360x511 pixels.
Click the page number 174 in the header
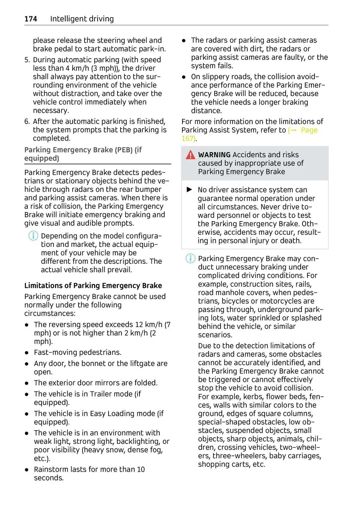coord(31,19)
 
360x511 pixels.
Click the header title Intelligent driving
coord(82,19)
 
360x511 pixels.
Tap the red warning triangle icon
coord(190,155)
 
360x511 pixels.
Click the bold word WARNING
coord(214,155)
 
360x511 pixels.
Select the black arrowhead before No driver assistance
coord(189,190)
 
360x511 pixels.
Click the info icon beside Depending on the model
coord(33,236)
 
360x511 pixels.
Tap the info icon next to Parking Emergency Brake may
coord(190,258)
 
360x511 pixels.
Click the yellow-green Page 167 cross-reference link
coord(303,131)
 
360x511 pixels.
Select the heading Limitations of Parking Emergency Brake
coord(93,285)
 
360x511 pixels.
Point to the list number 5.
coord(27,60)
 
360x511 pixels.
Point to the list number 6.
coord(27,122)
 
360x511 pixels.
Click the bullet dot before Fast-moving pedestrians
coord(27,353)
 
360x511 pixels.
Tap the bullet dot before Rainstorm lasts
coord(27,470)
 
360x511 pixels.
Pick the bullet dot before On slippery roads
coord(184,77)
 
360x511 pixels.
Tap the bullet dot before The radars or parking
coord(184,41)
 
